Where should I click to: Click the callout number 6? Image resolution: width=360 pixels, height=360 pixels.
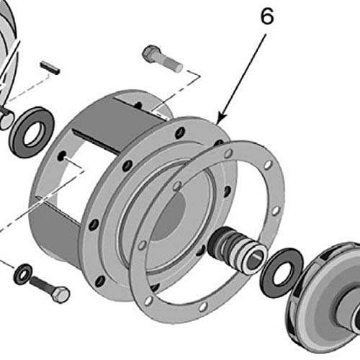click(x=267, y=17)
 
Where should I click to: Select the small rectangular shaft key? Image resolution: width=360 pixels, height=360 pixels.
click(x=50, y=68)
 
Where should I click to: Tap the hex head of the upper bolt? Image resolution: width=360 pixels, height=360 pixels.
click(x=150, y=53)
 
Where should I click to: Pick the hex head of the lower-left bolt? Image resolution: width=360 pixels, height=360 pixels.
click(x=61, y=294)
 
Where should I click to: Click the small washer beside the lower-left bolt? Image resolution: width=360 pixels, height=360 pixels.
click(x=23, y=274)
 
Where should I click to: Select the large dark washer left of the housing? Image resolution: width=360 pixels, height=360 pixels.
click(x=32, y=132)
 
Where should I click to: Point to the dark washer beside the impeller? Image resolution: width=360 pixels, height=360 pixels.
click(x=282, y=271)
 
